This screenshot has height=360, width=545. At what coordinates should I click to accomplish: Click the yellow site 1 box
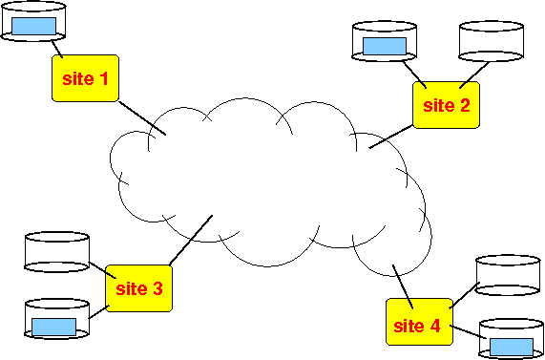(x=85, y=78)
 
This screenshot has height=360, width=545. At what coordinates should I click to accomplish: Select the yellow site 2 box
(x=447, y=105)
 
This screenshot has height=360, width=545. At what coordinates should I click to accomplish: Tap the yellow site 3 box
(x=138, y=288)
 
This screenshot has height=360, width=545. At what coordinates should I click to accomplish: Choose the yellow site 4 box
(x=420, y=322)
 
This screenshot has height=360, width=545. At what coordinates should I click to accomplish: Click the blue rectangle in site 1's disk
(x=33, y=26)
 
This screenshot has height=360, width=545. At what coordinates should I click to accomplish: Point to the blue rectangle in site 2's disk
(x=385, y=46)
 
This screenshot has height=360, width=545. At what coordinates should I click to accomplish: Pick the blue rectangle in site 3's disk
(x=53, y=327)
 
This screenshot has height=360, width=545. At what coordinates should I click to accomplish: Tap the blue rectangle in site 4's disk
(x=512, y=348)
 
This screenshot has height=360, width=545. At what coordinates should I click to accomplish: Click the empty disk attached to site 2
(x=492, y=41)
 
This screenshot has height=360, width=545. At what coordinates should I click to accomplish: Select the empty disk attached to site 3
(x=57, y=252)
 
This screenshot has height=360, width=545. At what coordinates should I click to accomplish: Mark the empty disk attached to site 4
(x=508, y=275)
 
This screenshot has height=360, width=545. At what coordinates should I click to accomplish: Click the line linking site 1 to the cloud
(x=142, y=117)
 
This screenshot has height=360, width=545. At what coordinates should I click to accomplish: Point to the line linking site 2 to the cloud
(x=391, y=137)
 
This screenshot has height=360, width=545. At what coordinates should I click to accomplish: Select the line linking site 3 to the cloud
(x=191, y=240)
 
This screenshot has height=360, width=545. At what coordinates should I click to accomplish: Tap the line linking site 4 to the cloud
(x=403, y=287)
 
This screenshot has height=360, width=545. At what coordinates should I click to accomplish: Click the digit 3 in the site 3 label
(x=157, y=288)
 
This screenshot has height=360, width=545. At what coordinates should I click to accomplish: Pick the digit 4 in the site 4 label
(x=434, y=326)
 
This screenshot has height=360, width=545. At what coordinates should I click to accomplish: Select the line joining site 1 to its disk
(x=57, y=49)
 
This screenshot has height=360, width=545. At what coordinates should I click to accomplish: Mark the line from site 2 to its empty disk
(x=474, y=75)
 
